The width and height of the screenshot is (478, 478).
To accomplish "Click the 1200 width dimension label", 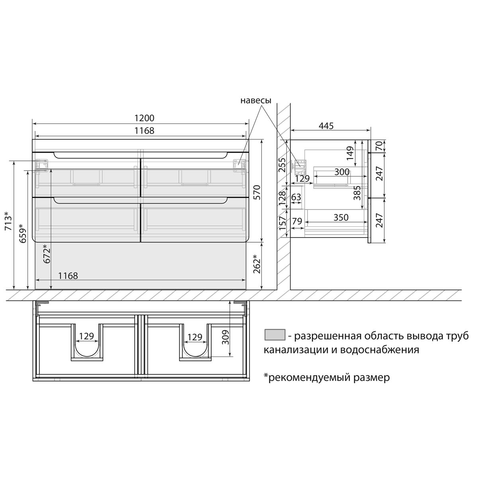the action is tap(144, 118).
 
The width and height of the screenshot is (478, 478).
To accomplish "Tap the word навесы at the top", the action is tap(256, 100).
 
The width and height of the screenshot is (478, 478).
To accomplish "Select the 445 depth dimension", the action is tap(326, 126).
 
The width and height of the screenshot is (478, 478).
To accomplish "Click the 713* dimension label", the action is tap(8, 221).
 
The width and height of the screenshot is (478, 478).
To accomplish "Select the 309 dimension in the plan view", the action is tap(225, 337).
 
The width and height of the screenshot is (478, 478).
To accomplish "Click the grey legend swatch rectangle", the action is tap(274, 335).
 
